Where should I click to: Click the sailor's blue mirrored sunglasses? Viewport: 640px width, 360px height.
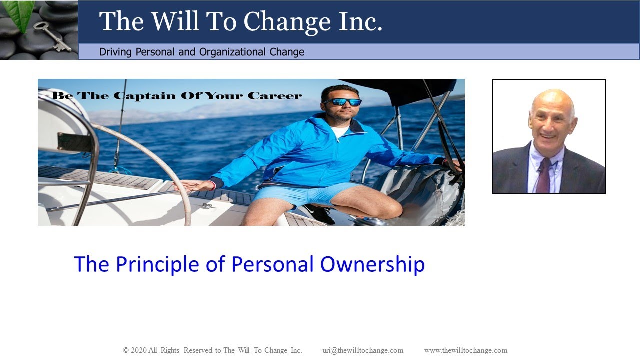[x=342, y=102]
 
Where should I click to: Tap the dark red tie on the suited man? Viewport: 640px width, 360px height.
[x=543, y=175]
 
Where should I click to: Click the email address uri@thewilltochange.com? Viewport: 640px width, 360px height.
[x=363, y=350]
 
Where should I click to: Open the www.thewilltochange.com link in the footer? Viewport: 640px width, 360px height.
[x=465, y=350]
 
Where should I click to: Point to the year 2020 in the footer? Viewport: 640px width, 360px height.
[x=138, y=350]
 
